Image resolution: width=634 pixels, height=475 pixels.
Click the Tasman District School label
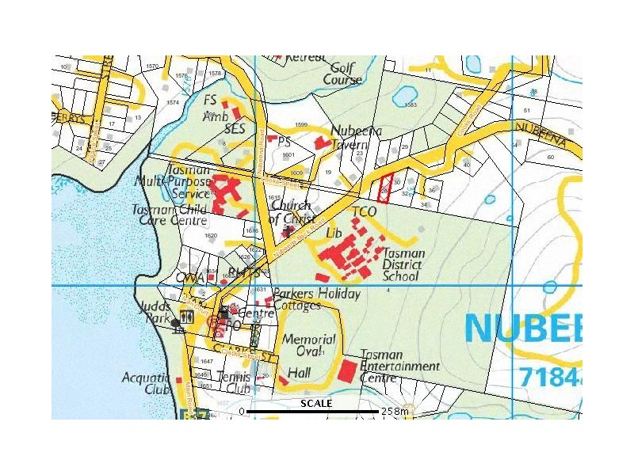[x=403, y=265]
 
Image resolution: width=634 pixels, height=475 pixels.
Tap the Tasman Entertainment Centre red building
[x=347, y=370]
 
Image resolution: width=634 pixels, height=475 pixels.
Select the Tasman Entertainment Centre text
[x=399, y=367]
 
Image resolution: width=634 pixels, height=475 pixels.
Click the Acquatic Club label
[x=146, y=383]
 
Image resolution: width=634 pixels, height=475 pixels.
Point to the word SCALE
[x=316, y=403]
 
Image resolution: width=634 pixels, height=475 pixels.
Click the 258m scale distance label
[x=395, y=412]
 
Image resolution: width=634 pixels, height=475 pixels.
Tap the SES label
[x=235, y=127]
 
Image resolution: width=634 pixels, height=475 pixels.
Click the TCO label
[x=364, y=212]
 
